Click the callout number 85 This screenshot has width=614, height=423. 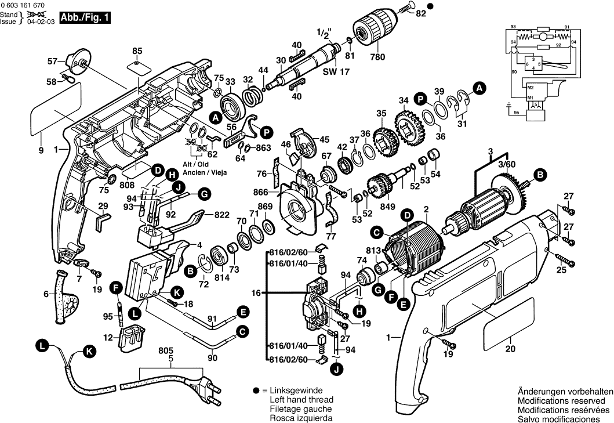click(x=137, y=50)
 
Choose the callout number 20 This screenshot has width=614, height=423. click(x=510, y=349)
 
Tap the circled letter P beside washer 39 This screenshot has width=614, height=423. click(x=421, y=99)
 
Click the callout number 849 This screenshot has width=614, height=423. click(x=388, y=207)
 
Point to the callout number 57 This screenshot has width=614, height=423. click(x=52, y=61)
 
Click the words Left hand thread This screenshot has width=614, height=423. click(x=301, y=400)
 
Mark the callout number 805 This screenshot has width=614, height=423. click(x=166, y=350)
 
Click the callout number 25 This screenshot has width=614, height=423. click(x=561, y=270)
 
